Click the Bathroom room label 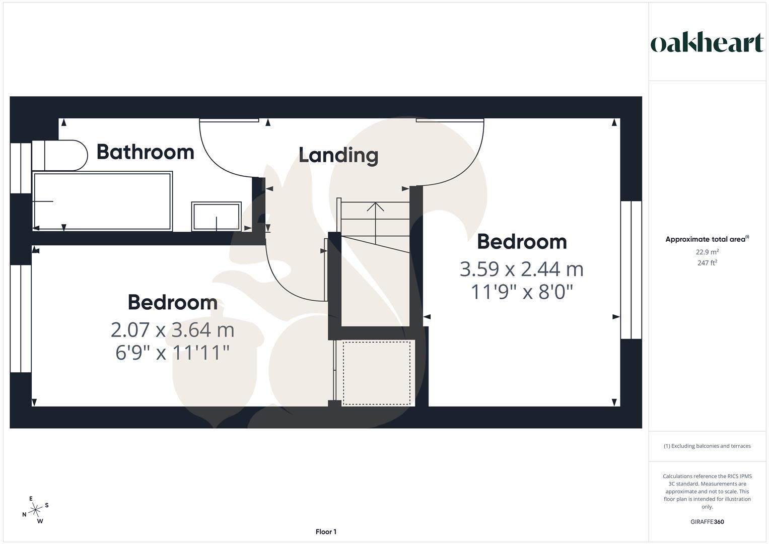coord(145,152)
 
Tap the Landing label coord(338,155)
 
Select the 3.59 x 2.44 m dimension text coord(521,269)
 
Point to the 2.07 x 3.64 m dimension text coord(172,330)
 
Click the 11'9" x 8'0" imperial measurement coord(521,292)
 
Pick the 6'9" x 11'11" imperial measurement coord(172,353)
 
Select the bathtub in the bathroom coord(102,201)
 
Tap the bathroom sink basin coord(216,217)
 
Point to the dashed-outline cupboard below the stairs coord(376,372)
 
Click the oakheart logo coord(707,43)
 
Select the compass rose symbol coord(35,510)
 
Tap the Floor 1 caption coord(326,532)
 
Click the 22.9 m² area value coord(707,252)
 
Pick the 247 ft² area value coord(707,263)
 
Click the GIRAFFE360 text coord(707,522)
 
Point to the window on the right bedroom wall coord(631,269)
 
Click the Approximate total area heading coord(707,239)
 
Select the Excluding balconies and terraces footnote coord(707,446)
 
